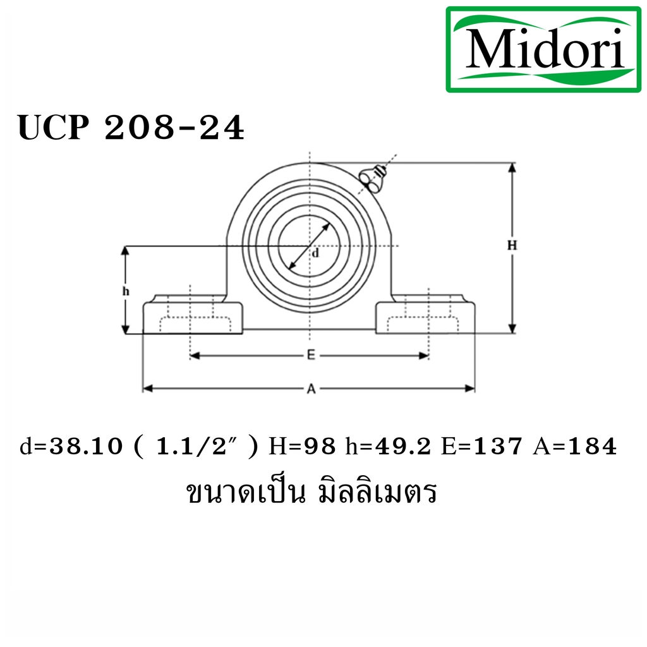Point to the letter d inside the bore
point(315,253)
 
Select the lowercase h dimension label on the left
point(126,291)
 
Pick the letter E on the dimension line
point(310,356)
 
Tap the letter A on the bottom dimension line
point(311,389)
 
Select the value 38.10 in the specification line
point(87,447)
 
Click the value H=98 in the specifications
point(301,447)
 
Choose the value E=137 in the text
point(481,447)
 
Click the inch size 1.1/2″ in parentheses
point(197,447)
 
